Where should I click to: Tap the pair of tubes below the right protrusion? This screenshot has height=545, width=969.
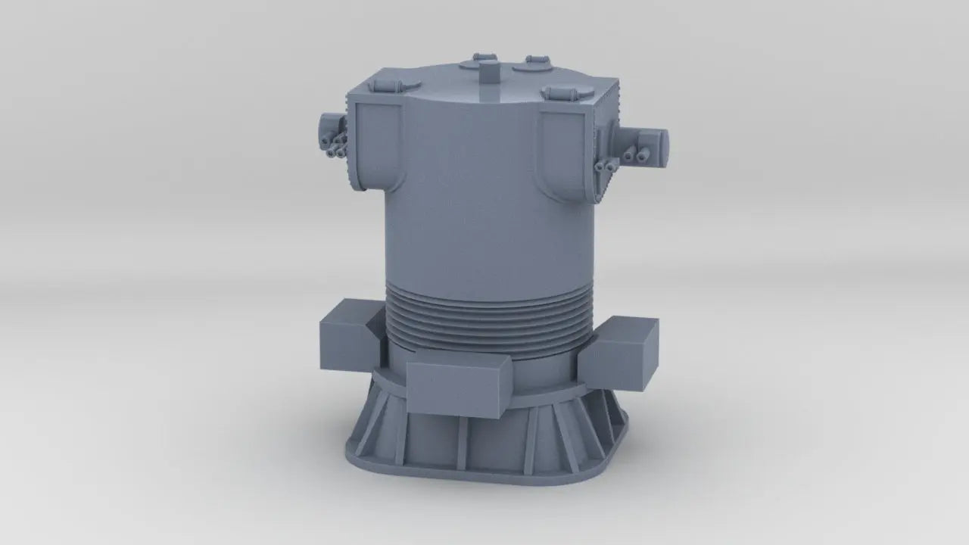[x=603, y=165]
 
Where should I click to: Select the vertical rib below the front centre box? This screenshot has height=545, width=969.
[x=460, y=443]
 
